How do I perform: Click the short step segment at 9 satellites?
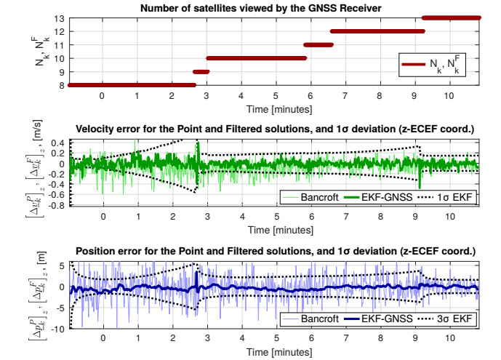pyautogui.click(x=201, y=71)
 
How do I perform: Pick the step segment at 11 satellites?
pyautogui.click(x=318, y=44)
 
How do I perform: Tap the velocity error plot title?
pyautogui.click(x=274, y=129)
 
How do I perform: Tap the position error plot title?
pyautogui.click(x=274, y=251)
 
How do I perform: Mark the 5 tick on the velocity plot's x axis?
pyautogui.click(x=276, y=216)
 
